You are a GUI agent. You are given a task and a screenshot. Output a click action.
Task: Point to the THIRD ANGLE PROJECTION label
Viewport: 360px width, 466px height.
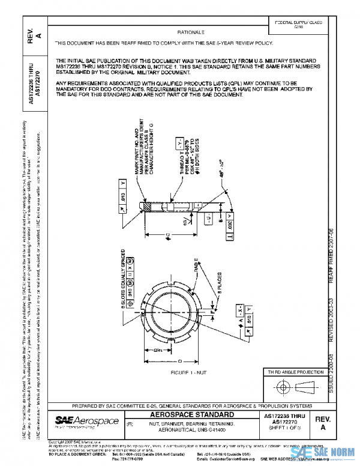point(296,373)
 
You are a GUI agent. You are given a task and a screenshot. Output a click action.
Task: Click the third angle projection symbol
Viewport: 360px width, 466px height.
point(295,388)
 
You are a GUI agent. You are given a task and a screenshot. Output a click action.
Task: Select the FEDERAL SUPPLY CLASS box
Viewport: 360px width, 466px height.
point(298,25)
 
